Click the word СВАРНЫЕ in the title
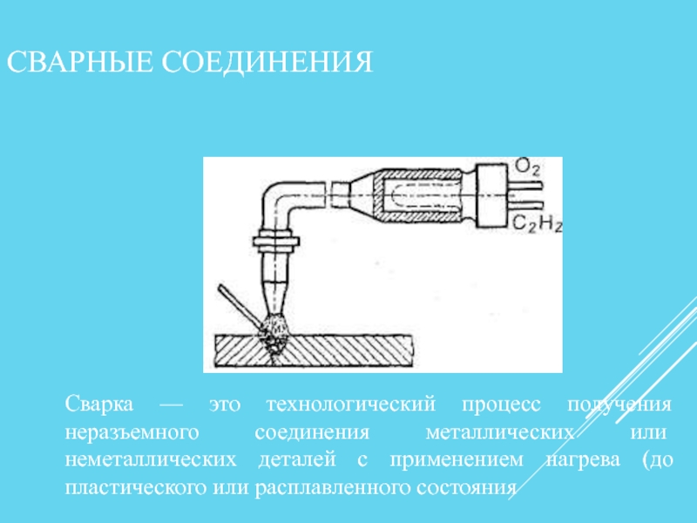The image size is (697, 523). (79, 61)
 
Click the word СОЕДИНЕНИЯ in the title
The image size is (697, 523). (267, 61)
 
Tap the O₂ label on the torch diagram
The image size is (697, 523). (527, 167)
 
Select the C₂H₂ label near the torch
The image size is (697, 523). (537, 223)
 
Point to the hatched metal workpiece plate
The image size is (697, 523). (314, 351)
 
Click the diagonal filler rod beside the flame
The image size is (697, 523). (240, 307)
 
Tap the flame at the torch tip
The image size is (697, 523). (274, 329)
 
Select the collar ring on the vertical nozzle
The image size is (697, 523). (276, 241)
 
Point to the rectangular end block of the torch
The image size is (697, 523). (491, 195)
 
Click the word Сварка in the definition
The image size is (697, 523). (98, 404)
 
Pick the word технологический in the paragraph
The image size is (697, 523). (351, 404)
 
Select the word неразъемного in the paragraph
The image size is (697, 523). (132, 432)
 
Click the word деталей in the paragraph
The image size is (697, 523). (297, 460)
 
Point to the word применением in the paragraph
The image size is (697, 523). (457, 460)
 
